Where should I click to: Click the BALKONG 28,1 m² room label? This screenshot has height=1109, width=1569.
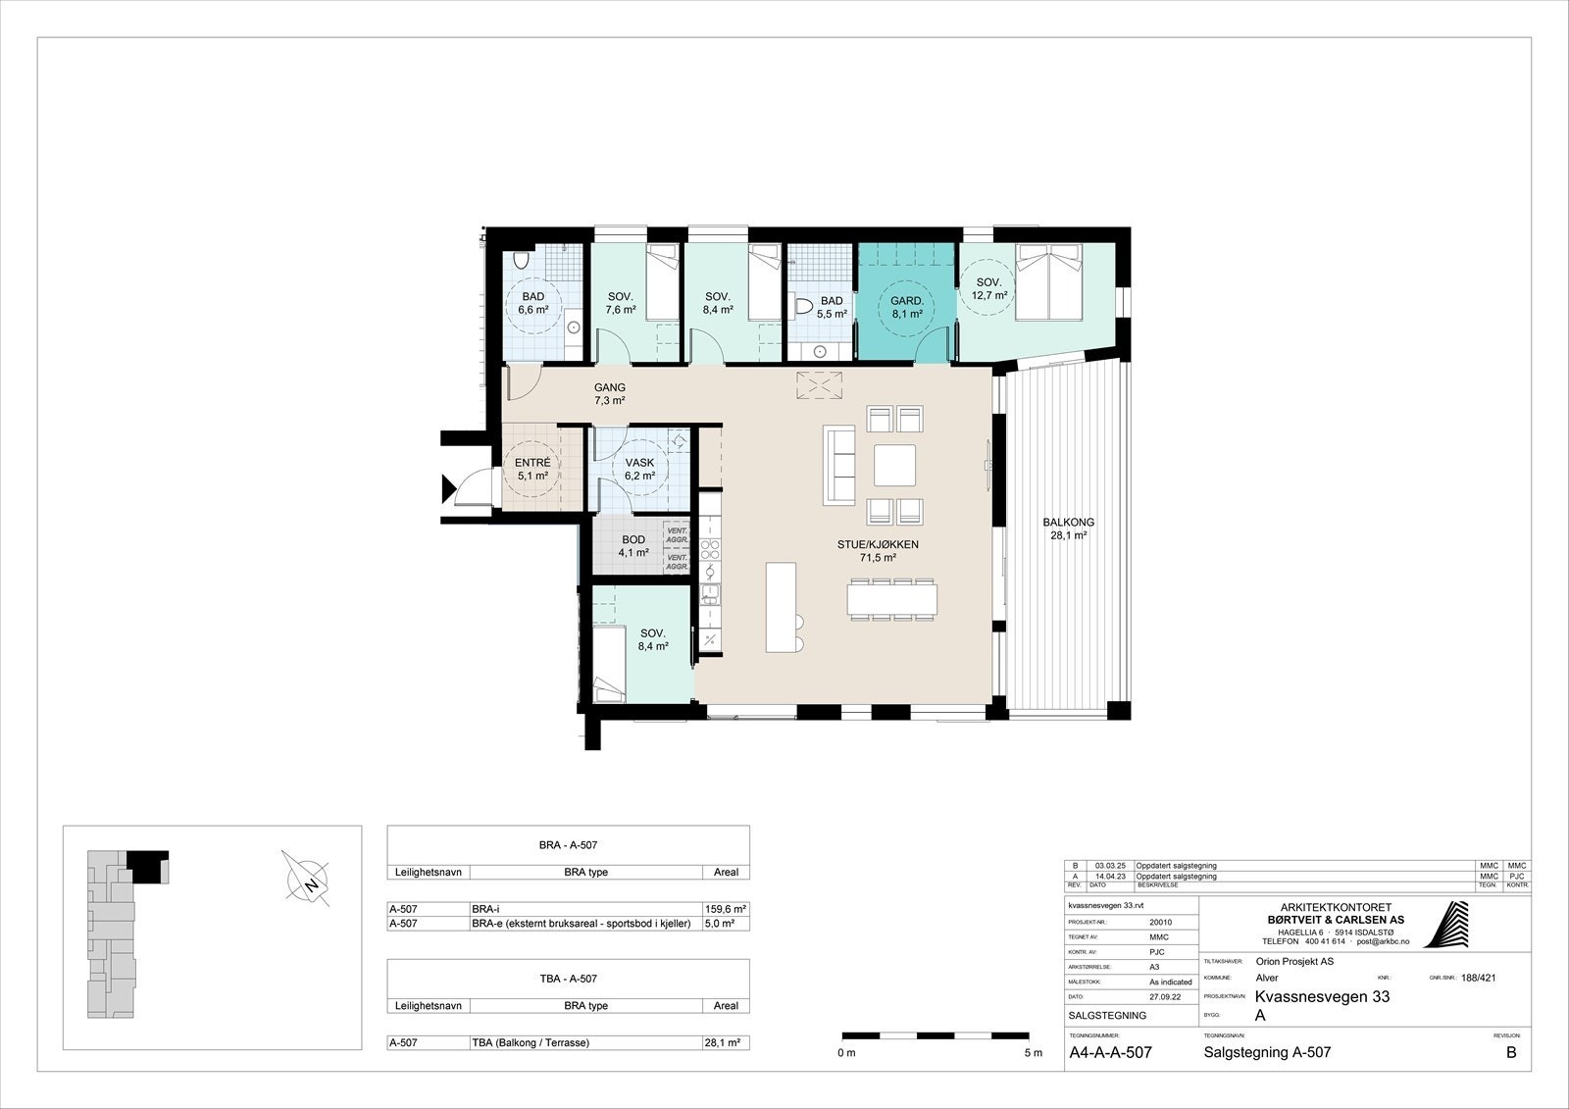point(1068,529)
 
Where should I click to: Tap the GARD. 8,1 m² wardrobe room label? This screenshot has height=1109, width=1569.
point(906,307)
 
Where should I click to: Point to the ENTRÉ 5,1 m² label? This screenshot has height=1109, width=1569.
point(533,470)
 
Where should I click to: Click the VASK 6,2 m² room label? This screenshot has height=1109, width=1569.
point(639,469)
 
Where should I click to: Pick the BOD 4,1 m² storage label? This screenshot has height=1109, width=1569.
point(633,546)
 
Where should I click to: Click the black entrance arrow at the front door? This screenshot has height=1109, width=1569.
point(447,486)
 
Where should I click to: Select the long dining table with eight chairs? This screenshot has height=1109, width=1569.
point(892,598)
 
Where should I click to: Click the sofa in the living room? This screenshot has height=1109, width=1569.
point(839,465)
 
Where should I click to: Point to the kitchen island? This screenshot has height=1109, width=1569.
point(782,606)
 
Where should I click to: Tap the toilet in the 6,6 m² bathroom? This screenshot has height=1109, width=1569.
point(521,261)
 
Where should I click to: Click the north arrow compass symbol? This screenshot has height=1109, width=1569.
point(306,878)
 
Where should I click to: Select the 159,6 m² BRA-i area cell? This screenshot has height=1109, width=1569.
point(726,908)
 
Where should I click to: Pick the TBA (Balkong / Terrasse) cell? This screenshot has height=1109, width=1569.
point(531,1043)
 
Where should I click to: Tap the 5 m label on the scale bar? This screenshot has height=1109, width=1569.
point(1032,1053)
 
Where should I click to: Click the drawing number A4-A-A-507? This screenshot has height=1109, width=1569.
point(1110,1053)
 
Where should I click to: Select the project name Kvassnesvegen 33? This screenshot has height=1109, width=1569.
point(1321,997)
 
